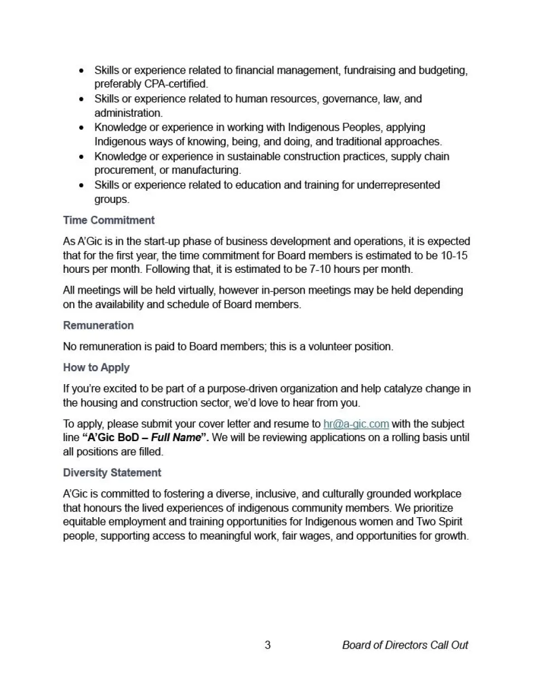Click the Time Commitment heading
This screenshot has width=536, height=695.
108,220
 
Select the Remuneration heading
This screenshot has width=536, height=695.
98,325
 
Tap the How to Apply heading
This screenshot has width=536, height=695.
96,367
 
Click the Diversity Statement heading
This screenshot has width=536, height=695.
112,472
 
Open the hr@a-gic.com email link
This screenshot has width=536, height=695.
356,424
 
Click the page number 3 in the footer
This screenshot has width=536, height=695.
267,645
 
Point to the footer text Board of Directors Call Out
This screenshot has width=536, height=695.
405,645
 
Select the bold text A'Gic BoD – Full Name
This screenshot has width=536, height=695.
145,438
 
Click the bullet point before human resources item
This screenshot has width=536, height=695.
82,100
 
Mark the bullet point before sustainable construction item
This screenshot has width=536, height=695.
82,157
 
